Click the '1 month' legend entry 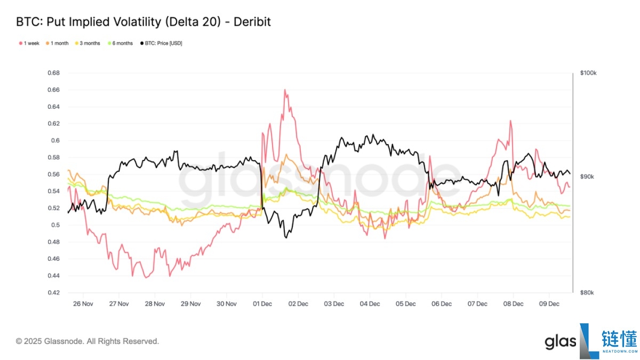pyautogui.click(x=59, y=43)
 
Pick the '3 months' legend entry pyautogui.click(x=90, y=43)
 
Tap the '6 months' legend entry pyautogui.click(x=122, y=43)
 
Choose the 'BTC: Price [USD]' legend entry pyautogui.click(x=163, y=43)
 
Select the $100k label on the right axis pyautogui.click(x=588, y=73)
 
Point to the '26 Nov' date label pyautogui.click(x=83, y=304)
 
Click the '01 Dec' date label pyautogui.click(x=262, y=304)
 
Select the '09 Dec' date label pyautogui.click(x=549, y=304)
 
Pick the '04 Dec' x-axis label pyautogui.click(x=370, y=304)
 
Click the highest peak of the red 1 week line pyautogui.click(x=285, y=90)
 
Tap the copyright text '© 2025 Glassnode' pyautogui.click(x=87, y=341)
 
